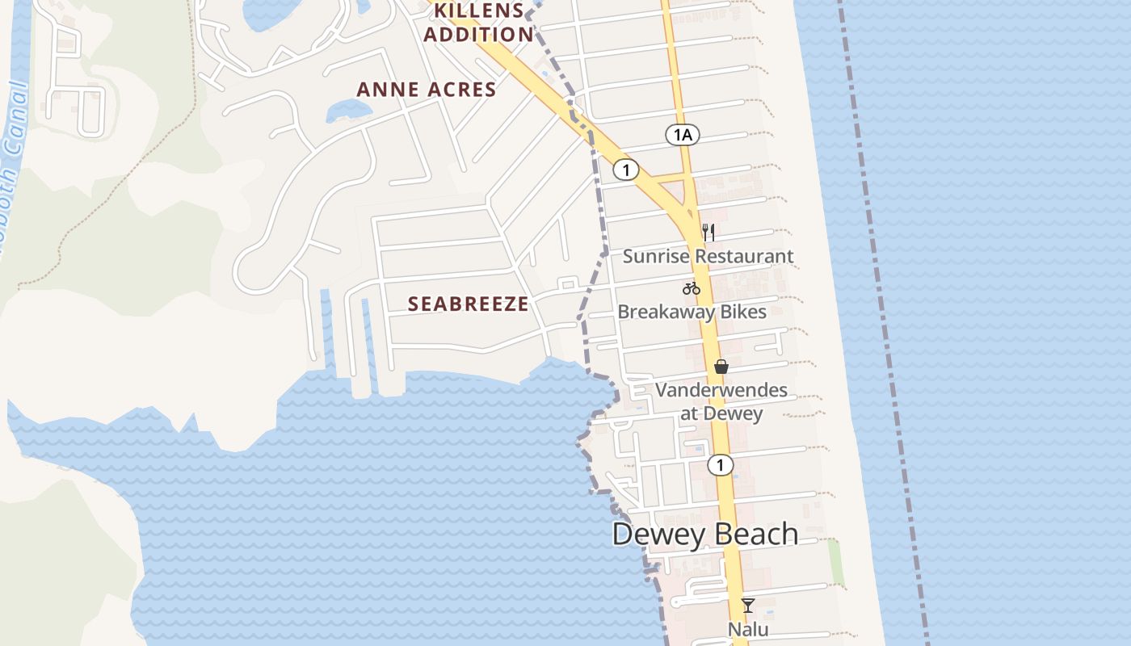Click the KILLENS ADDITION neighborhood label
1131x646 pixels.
(479, 23)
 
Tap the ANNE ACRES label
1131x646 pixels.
(427, 90)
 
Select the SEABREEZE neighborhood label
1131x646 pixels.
(469, 304)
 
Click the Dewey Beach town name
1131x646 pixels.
(705, 535)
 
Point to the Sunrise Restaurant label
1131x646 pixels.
(708, 257)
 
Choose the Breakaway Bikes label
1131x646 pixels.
(692, 312)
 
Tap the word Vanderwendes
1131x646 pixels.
(721, 390)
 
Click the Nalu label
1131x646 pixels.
(748, 629)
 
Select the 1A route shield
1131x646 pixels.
(683, 135)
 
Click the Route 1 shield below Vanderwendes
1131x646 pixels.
(720, 465)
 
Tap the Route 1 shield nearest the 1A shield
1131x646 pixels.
(626, 170)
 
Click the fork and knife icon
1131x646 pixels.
(708, 233)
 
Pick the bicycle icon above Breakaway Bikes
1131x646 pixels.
(691, 288)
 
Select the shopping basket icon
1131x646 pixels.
(721, 367)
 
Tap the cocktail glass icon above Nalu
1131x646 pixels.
(748, 605)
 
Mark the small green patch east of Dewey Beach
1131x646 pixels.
(836, 563)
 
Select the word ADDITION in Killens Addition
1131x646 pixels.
(479, 35)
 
